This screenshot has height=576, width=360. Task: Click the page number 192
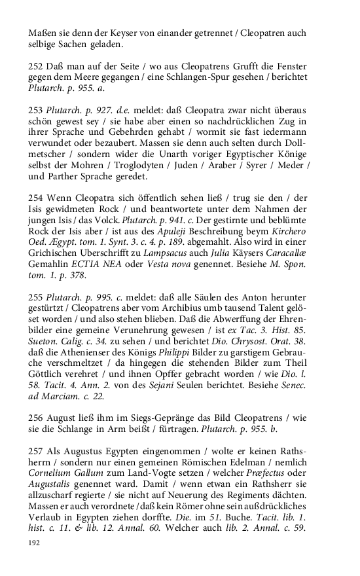[x=33, y=543]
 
